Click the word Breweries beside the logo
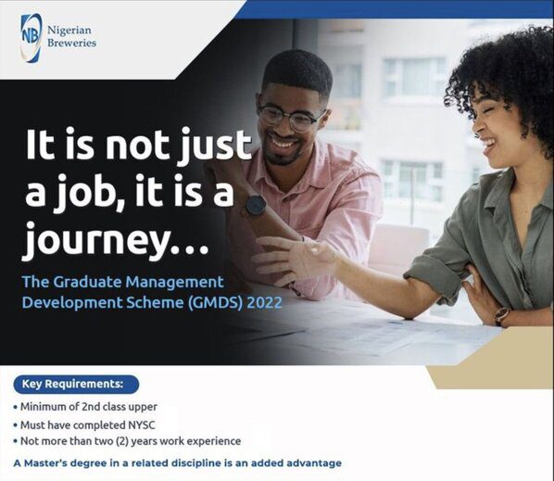pos(73,43)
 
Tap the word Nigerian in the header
pos(74,29)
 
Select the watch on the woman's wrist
pos(501,316)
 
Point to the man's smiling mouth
pos(283,145)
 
